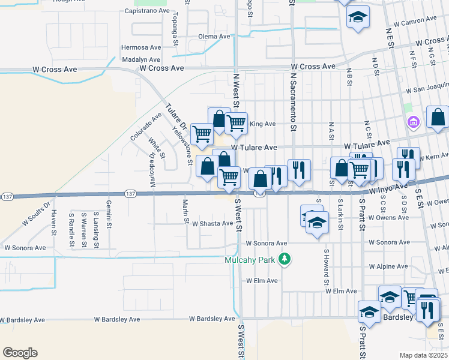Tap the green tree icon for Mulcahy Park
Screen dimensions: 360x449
pyautogui.click(x=285, y=259)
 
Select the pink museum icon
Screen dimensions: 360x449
pyautogui.click(x=413, y=123)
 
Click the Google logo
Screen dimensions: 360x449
pyautogui.click(x=20, y=353)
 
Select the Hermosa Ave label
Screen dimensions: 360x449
pyautogui.click(x=141, y=47)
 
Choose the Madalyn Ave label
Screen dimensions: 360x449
pyautogui.click(x=141, y=60)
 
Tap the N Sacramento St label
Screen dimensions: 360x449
pyautogui.click(x=294, y=101)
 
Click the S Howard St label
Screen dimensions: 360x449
pyautogui.click(x=327, y=267)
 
